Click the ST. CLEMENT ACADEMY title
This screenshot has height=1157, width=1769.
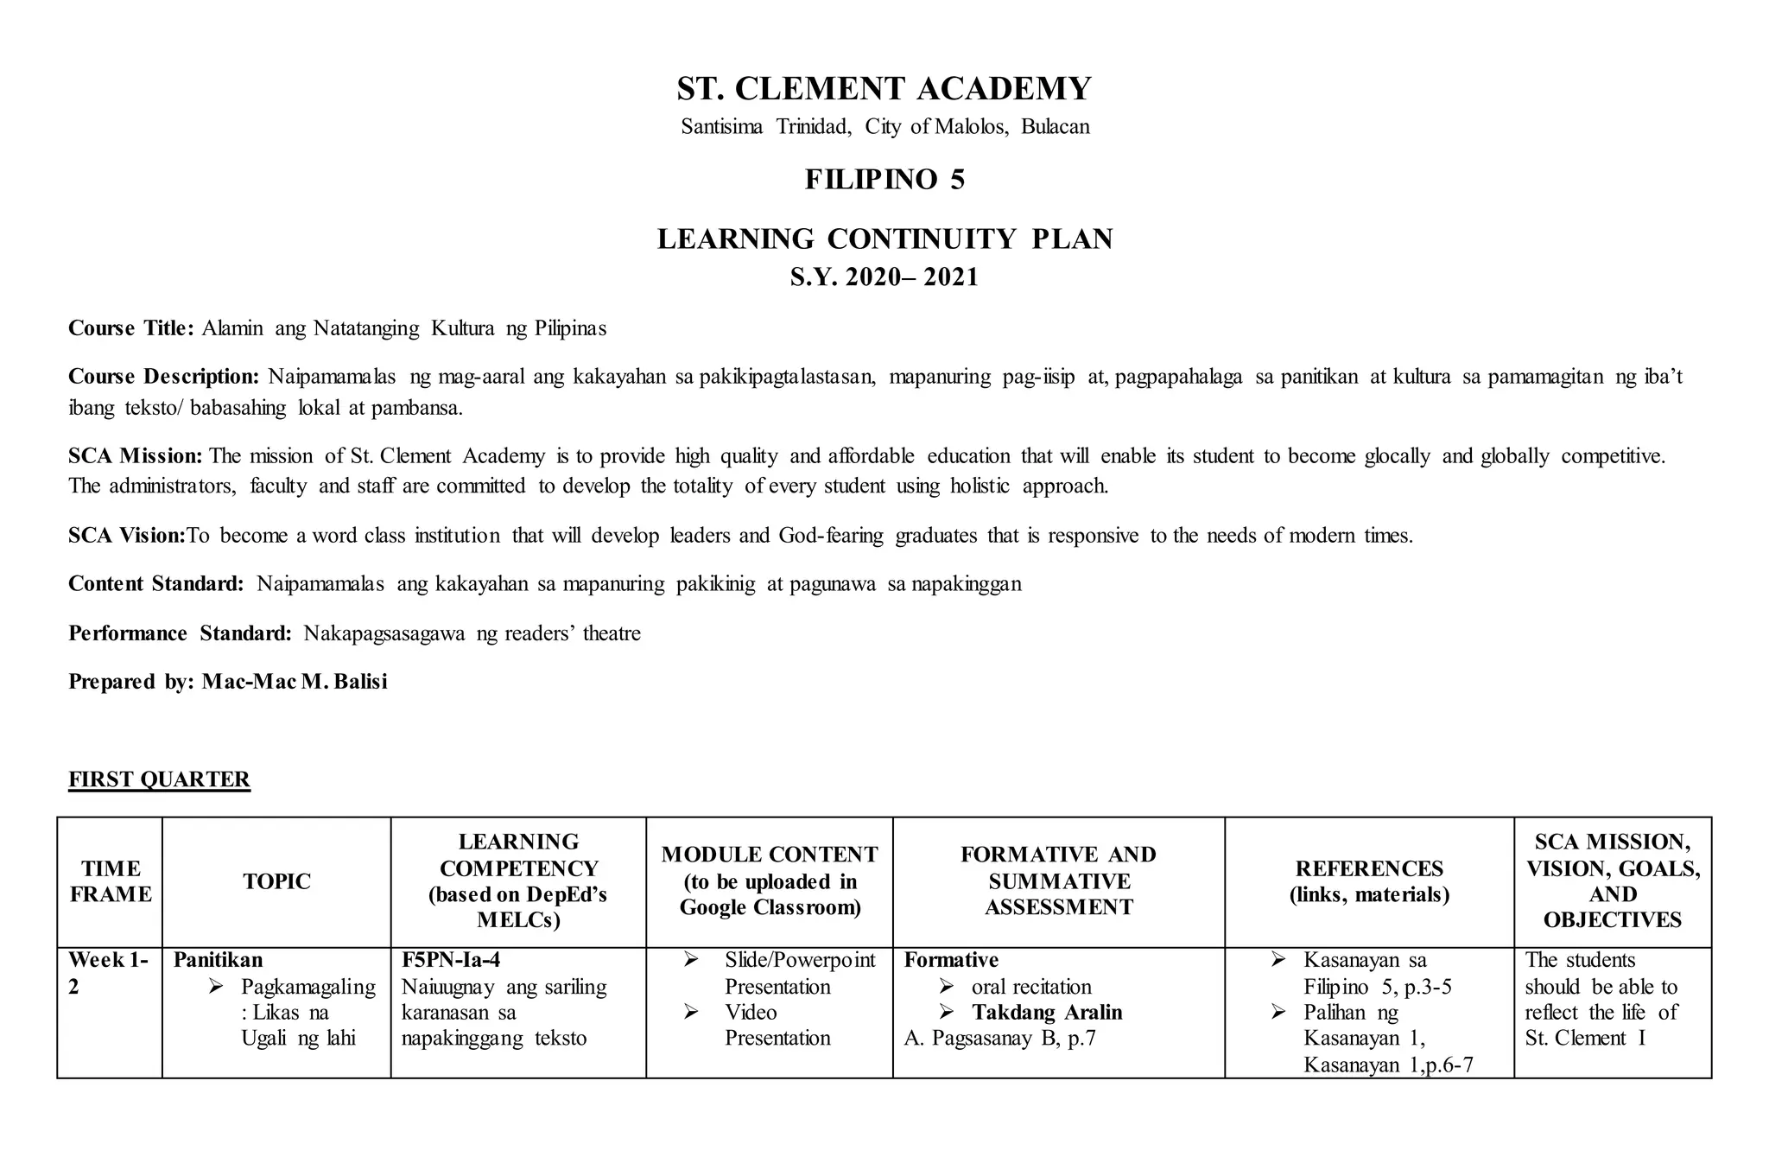click(x=884, y=89)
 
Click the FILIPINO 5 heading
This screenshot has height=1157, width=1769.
click(x=884, y=180)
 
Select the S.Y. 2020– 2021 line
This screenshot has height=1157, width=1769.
click(x=884, y=277)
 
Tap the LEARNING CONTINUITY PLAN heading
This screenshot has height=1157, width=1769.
click(x=884, y=238)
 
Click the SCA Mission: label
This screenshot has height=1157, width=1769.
click(x=136, y=455)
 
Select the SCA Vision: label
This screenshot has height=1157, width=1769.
click(x=127, y=536)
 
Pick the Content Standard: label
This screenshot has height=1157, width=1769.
click(x=156, y=584)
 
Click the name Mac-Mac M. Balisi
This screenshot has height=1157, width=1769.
click(x=295, y=682)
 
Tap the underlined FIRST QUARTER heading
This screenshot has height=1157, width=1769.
click(x=160, y=779)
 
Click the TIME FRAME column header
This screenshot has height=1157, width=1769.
click(x=111, y=881)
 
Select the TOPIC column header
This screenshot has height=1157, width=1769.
click(x=276, y=881)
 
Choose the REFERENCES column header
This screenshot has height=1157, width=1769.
click(x=1369, y=881)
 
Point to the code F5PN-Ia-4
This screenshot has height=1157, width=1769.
click(x=451, y=960)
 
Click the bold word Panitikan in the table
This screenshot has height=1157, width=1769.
click(x=218, y=960)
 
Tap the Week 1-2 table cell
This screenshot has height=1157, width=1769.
click(x=109, y=973)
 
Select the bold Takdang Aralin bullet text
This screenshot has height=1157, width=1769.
click(x=1047, y=1013)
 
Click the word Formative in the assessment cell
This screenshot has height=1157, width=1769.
click(x=951, y=960)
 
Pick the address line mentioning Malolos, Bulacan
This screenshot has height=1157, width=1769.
click(x=884, y=127)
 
